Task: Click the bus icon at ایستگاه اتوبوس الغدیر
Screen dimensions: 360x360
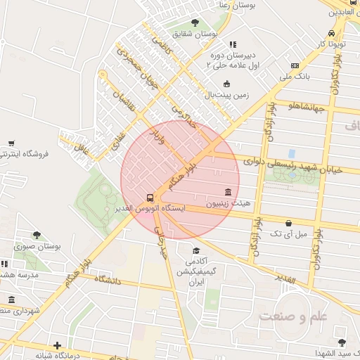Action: point(149,198)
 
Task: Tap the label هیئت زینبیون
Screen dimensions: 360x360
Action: point(229,205)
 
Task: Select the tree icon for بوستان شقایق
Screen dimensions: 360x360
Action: point(195,22)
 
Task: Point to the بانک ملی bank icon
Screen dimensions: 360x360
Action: point(294,65)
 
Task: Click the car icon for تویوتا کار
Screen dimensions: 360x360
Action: point(331,33)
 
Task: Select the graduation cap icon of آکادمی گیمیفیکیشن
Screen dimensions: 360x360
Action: point(196,251)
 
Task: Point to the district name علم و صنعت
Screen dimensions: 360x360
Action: point(293,316)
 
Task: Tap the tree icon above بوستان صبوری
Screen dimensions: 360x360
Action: point(37,236)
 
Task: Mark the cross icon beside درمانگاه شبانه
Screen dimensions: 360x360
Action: point(57,345)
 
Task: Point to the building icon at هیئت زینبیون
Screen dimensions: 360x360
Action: point(229,192)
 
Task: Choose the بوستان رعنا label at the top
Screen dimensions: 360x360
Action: point(236,5)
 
